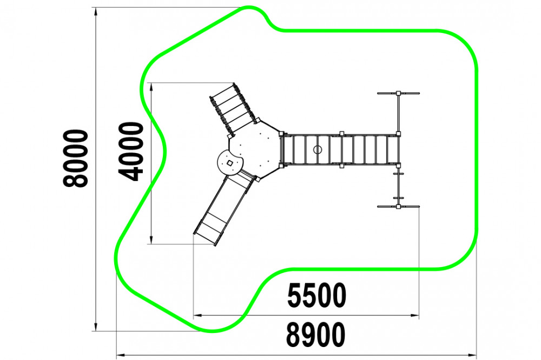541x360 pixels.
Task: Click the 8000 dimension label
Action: click(76, 158)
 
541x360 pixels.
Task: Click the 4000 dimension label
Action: click(131, 152)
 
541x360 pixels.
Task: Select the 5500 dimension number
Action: click(316, 296)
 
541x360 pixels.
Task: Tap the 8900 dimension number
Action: click(316, 335)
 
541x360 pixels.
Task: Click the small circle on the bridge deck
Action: click(318, 150)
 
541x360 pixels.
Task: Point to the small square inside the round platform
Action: click(230, 163)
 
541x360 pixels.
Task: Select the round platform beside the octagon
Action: click(230, 163)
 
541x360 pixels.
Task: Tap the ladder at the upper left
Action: click(233, 109)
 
